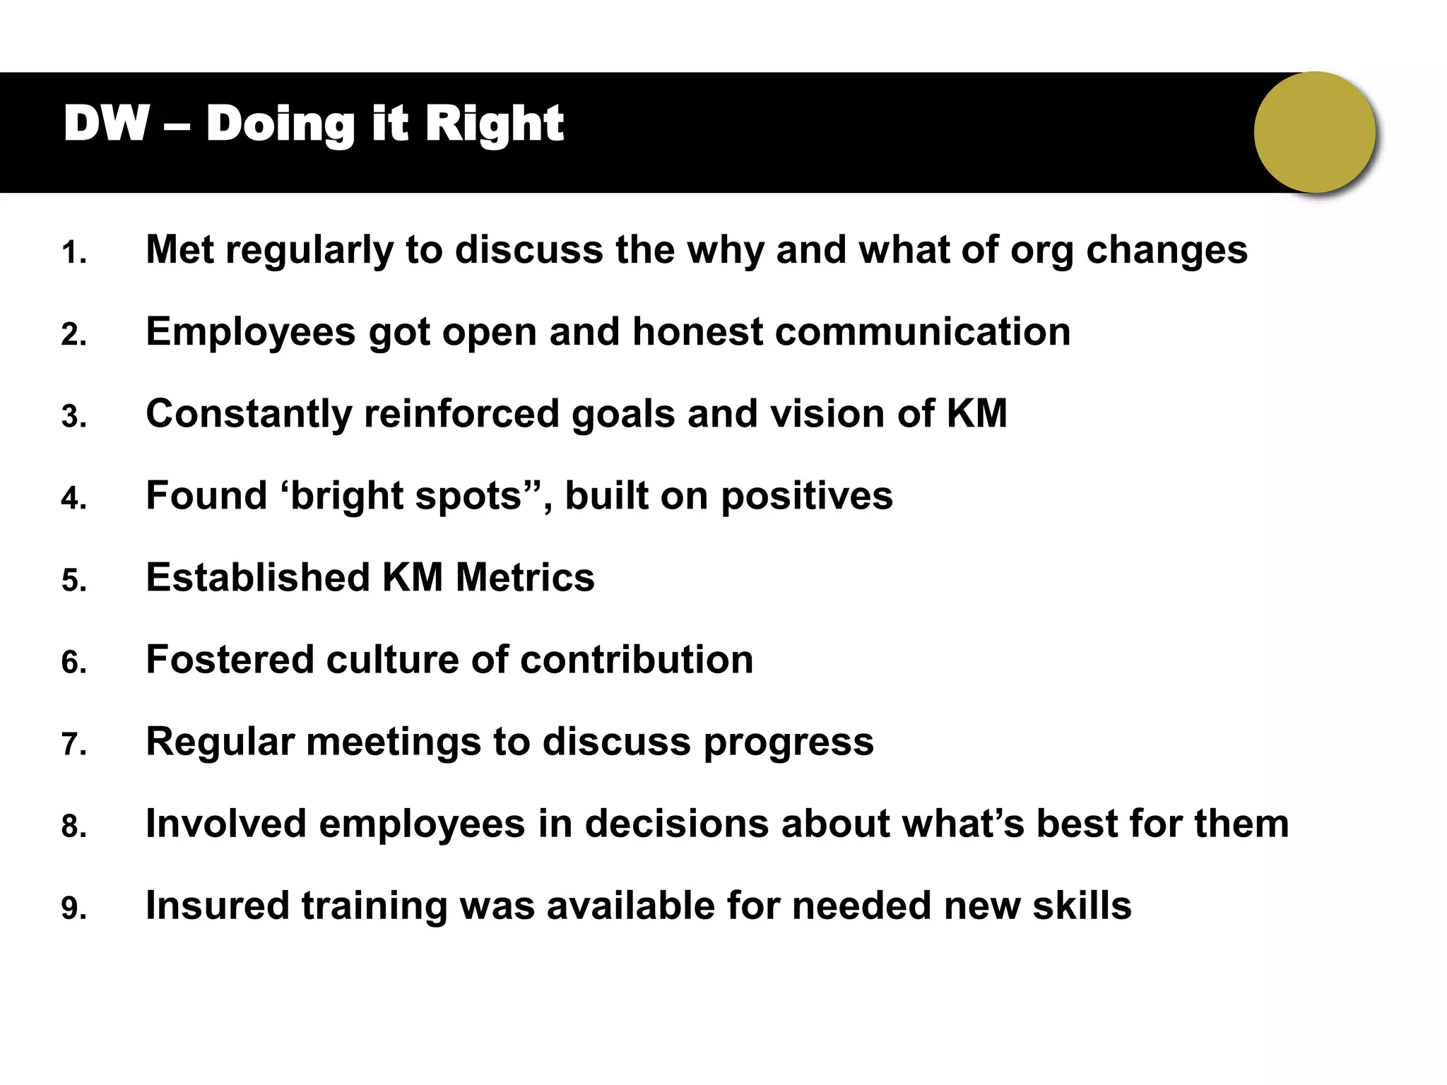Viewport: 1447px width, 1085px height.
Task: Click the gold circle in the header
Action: click(1315, 132)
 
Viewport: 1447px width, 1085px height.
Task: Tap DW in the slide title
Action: click(106, 124)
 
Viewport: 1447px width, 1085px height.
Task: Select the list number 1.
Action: click(73, 253)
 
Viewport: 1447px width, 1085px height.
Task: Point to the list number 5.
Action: click(73, 581)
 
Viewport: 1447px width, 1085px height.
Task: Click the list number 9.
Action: click(73, 908)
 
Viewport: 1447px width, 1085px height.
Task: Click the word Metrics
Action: click(525, 577)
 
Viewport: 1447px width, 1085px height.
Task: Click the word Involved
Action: click(225, 823)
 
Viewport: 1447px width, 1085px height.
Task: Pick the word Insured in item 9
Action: click(218, 905)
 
